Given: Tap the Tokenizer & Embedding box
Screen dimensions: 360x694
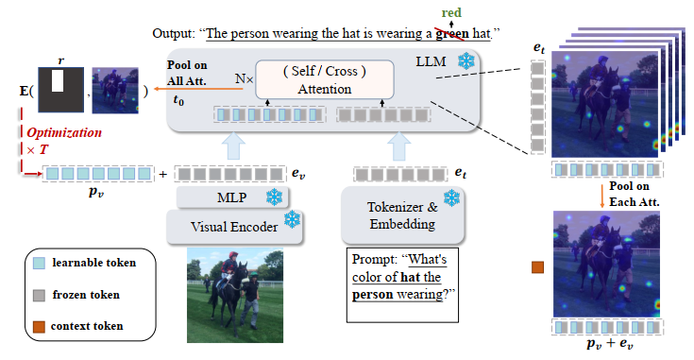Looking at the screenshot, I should pyautogui.click(x=402, y=216).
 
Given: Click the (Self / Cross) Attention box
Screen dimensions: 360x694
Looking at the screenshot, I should pyautogui.click(x=324, y=79).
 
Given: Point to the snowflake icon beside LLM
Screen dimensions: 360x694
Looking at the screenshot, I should pyautogui.click(x=464, y=60).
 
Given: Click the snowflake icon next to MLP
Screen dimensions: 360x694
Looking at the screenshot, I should pyautogui.click(x=274, y=197).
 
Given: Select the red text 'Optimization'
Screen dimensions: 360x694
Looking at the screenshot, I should pyautogui.click(x=63, y=133).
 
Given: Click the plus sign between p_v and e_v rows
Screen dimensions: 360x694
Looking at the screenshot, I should pyautogui.click(x=164, y=173).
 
